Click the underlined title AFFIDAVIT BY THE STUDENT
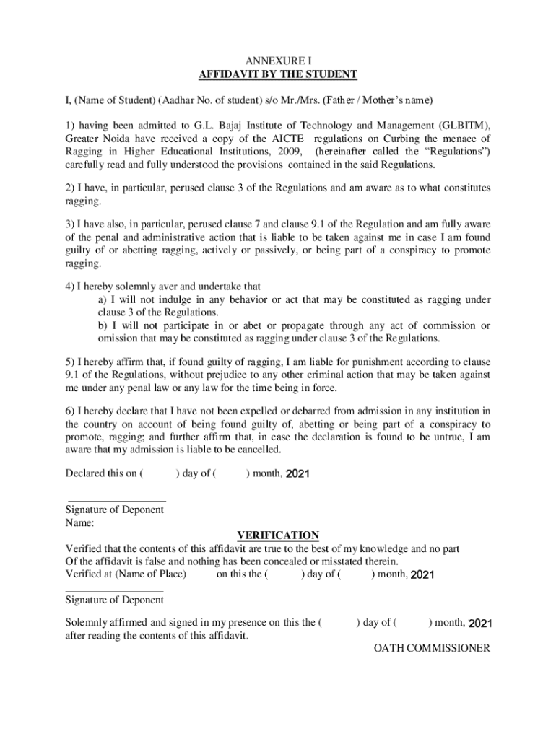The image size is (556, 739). pos(278,74)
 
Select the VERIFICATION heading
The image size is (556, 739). pos(278,535)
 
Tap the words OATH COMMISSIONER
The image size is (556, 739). pos(432,648)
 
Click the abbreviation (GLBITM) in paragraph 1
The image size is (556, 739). pos(463,124)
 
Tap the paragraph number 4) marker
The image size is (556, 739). pos(70,286)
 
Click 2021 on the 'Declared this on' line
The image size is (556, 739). pos(297,474)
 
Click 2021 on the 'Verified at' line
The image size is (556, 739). pos(422,575)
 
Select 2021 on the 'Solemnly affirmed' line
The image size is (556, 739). pos(480,623)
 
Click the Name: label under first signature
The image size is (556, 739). pos(79,522)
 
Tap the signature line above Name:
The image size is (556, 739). pos(116,500)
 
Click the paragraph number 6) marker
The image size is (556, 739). pos(70,411)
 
